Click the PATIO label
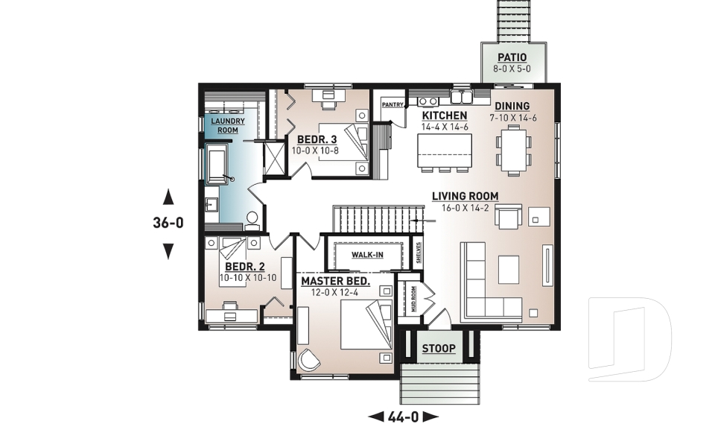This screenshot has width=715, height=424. pos(511,57)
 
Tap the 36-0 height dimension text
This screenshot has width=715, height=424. pos(168,222)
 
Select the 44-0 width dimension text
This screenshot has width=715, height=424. pos(404,415)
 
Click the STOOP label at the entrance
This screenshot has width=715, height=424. pos(439,349)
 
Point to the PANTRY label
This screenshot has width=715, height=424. pos(392,105)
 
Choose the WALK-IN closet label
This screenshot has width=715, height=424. pos(367,256)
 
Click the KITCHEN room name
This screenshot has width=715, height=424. pos(445,116)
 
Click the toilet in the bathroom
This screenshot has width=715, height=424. pos(252,218)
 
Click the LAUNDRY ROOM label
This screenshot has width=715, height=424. pos(223,125)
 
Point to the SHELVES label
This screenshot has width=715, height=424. pos(419,253)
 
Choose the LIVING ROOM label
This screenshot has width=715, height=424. pos(465,197)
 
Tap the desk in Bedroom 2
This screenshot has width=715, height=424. pos(230,315)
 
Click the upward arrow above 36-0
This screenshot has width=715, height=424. pos(168,197)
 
